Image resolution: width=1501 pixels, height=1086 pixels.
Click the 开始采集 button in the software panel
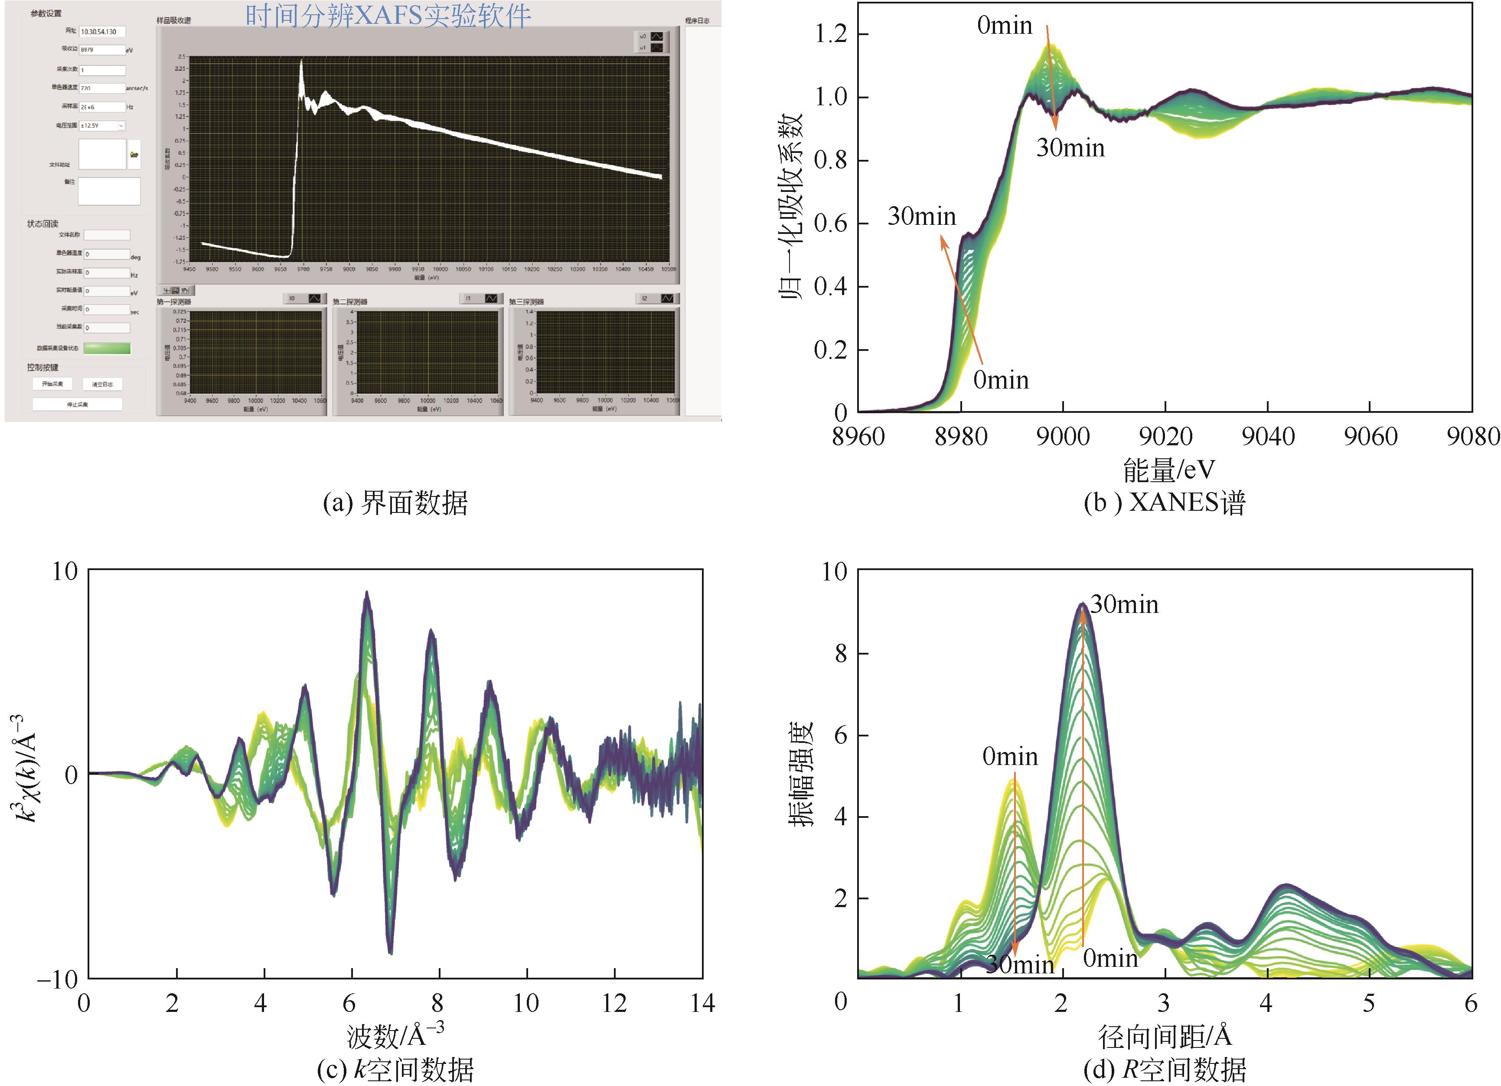[x=52, y=384]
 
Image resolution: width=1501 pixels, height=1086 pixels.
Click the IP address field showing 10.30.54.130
[x=102, y=32]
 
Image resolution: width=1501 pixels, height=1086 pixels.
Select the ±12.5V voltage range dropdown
[x=102, y=126]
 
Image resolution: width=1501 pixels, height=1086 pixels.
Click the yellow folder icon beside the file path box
[x=134, y=155]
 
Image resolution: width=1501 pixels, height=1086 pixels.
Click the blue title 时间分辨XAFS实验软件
[x=388, y=16]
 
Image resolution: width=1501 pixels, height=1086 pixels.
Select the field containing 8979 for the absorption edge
[x=102, y=50]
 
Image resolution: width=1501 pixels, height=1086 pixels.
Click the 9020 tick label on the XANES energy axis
[x=1165, y=437]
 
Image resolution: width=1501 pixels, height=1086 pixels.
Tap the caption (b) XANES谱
[x=1165, y=503]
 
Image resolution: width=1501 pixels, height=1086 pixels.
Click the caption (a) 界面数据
[x=395, y=503]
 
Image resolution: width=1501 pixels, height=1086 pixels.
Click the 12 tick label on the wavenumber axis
[x=614, y=1003]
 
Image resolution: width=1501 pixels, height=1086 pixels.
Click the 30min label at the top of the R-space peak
[x=1124, y=604]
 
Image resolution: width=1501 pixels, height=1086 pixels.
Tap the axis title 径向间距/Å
[x=1165, y=1036]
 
